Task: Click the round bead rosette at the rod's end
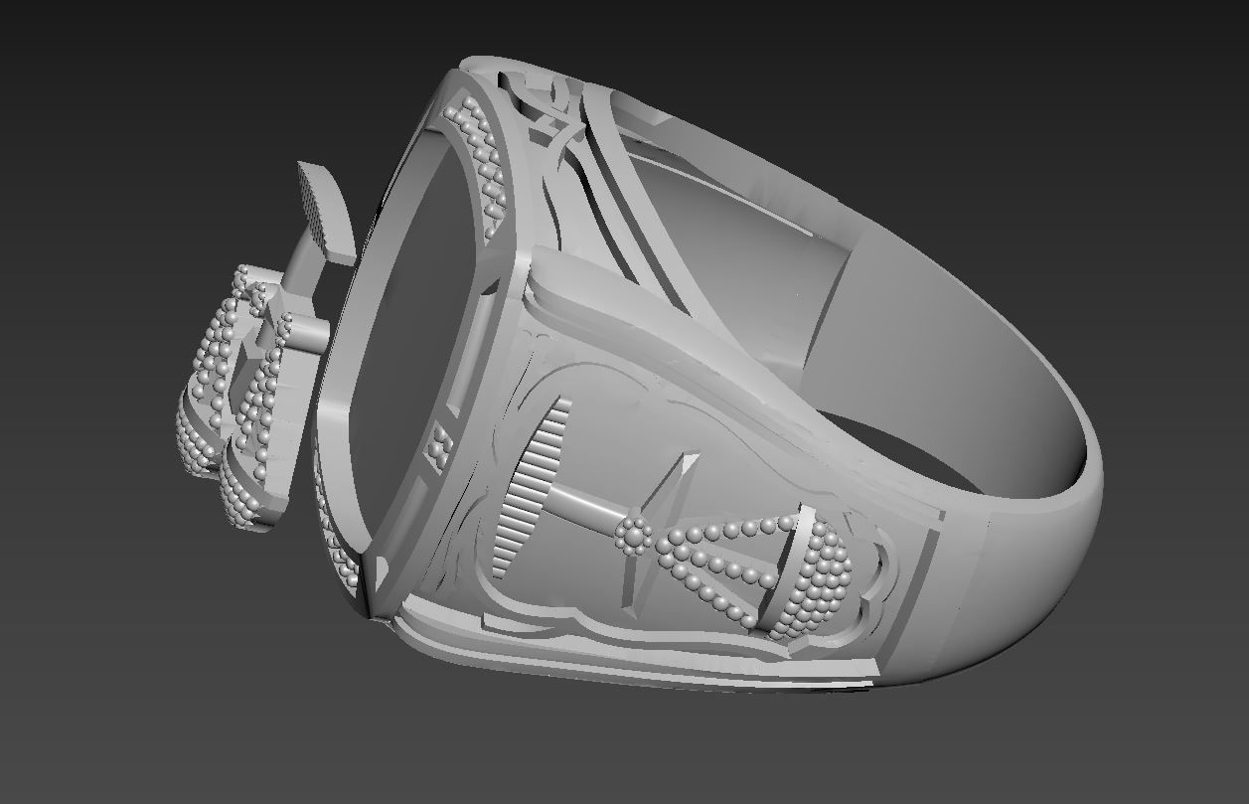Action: coord(633,536)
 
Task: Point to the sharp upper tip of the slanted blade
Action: coord(695,457)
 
